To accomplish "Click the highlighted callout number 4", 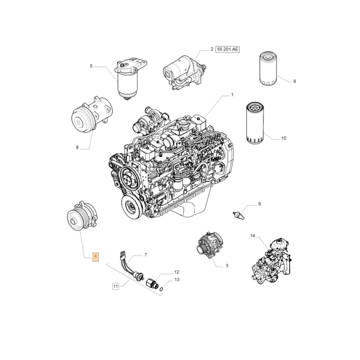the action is click(95, 257).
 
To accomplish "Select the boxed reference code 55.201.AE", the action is click(227, 49).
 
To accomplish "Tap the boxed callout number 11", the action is click(116, 286).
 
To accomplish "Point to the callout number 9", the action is click(294, 81).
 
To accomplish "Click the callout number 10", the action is click(284, 138).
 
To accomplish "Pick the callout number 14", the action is click(253, 236).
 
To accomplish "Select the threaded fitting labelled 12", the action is click(152, 283).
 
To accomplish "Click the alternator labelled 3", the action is click(210, 245).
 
